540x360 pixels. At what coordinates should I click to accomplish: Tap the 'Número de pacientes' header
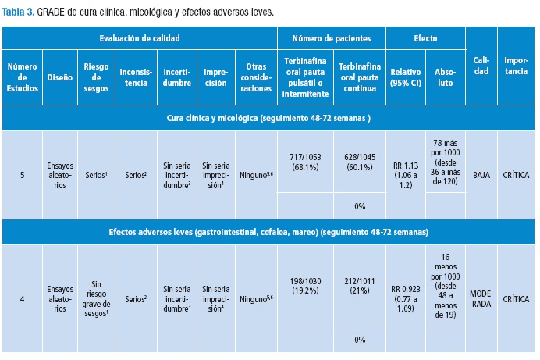(x=332, y=37)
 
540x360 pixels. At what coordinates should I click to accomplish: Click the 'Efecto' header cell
(x=425, y=37)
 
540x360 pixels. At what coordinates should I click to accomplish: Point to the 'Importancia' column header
(x=516, y=66)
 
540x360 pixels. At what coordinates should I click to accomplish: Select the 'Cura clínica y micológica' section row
(x=268, y=117)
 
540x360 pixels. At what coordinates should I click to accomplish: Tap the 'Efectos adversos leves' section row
(x=268, y=232)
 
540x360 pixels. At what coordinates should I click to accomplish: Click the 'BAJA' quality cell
(x=481, y=175)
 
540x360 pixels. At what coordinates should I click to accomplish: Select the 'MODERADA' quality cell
(x=481, y=298)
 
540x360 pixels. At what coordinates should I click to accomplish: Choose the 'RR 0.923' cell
(x=407, y=298)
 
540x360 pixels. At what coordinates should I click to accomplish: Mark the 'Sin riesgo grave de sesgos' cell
(x=95, y=298)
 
